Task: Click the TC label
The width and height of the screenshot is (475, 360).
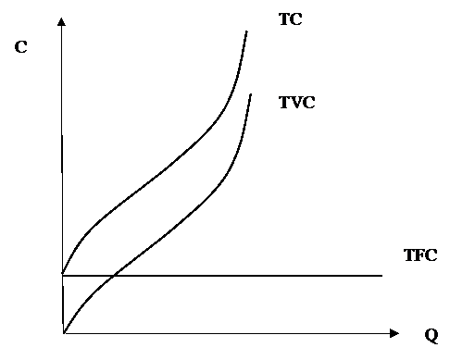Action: [291, 19]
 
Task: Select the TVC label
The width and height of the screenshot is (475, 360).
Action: [297, 103]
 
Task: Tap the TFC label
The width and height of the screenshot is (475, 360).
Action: [420, 255]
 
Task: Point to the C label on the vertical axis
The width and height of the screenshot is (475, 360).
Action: [21, 47]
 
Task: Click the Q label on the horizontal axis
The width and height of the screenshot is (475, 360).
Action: [431, 335]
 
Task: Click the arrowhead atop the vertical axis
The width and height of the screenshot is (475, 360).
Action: [61, 21]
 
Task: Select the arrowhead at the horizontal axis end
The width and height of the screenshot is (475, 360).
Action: [394, 333]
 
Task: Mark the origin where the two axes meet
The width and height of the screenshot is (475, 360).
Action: [64, 333]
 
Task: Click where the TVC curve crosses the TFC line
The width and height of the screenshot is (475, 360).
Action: [113, 276]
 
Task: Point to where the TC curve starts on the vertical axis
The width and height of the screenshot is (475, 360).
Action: [63, 274]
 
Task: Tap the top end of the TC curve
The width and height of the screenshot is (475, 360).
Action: [246, 31]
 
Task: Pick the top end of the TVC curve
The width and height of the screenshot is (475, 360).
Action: [251, 94]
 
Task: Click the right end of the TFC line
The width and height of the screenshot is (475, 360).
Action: [382, 276]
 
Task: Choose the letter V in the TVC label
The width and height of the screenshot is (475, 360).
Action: [295, 103]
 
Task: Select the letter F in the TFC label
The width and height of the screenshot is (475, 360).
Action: [419, 255]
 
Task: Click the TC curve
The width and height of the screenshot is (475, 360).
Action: [160, 173]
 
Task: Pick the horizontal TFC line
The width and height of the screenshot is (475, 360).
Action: [222, 276]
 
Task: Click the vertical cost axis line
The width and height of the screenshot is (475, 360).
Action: [62, 176]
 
